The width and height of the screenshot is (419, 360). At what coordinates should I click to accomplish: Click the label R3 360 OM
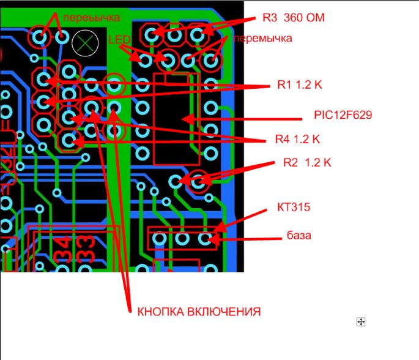[293, 18]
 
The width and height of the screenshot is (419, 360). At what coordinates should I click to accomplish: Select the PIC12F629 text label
[343, 115]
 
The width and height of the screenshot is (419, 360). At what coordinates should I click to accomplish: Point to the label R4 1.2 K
[298, 140]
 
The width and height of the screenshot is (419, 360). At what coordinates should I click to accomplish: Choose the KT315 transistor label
[291, 208]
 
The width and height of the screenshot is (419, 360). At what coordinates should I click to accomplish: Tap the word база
[299, 235]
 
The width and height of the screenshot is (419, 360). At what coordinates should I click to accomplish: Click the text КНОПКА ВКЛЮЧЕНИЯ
[198, 312]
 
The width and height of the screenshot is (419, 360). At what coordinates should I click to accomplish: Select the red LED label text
[120, 40]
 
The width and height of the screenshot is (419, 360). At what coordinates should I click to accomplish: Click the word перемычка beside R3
[263, 38]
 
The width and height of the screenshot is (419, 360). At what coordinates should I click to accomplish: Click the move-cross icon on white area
[361, 321]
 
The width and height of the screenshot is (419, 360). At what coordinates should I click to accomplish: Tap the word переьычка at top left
[91, 17]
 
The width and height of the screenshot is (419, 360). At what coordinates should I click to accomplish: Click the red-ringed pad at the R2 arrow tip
[198, 181]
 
